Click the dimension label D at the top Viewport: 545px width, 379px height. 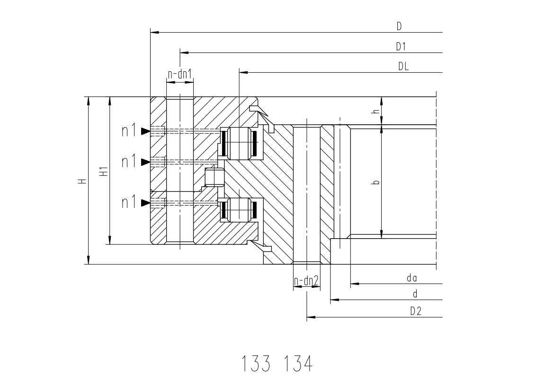399,26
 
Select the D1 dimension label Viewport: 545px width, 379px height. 401,46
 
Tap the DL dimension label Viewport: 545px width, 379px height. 403,66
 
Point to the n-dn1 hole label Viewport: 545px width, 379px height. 180,74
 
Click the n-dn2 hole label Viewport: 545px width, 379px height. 306,281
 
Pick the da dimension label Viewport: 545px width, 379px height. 412,278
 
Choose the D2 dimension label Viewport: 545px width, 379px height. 416,311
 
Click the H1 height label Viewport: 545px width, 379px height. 104,171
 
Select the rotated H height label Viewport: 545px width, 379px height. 82,181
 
